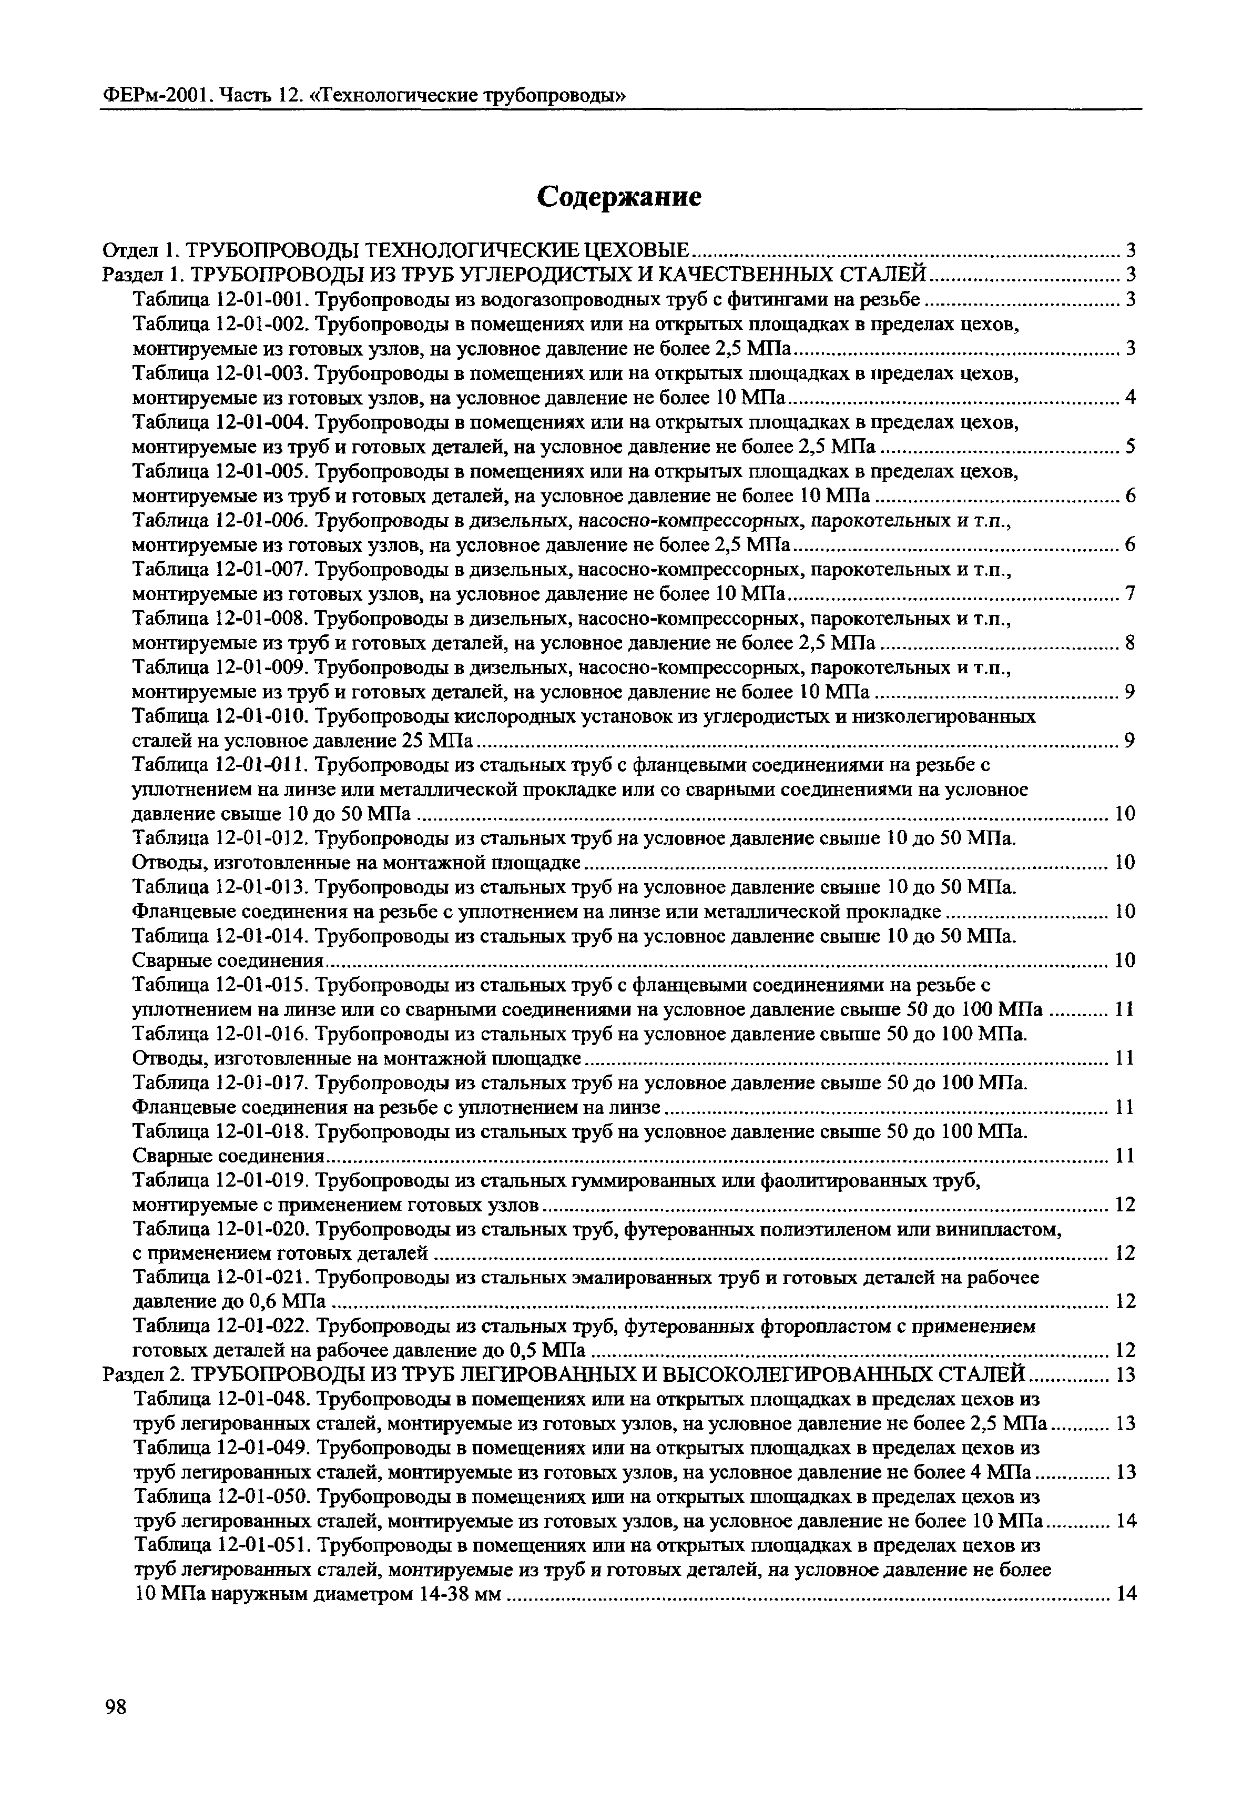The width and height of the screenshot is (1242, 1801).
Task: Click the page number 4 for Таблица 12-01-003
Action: click(1131, 399)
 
